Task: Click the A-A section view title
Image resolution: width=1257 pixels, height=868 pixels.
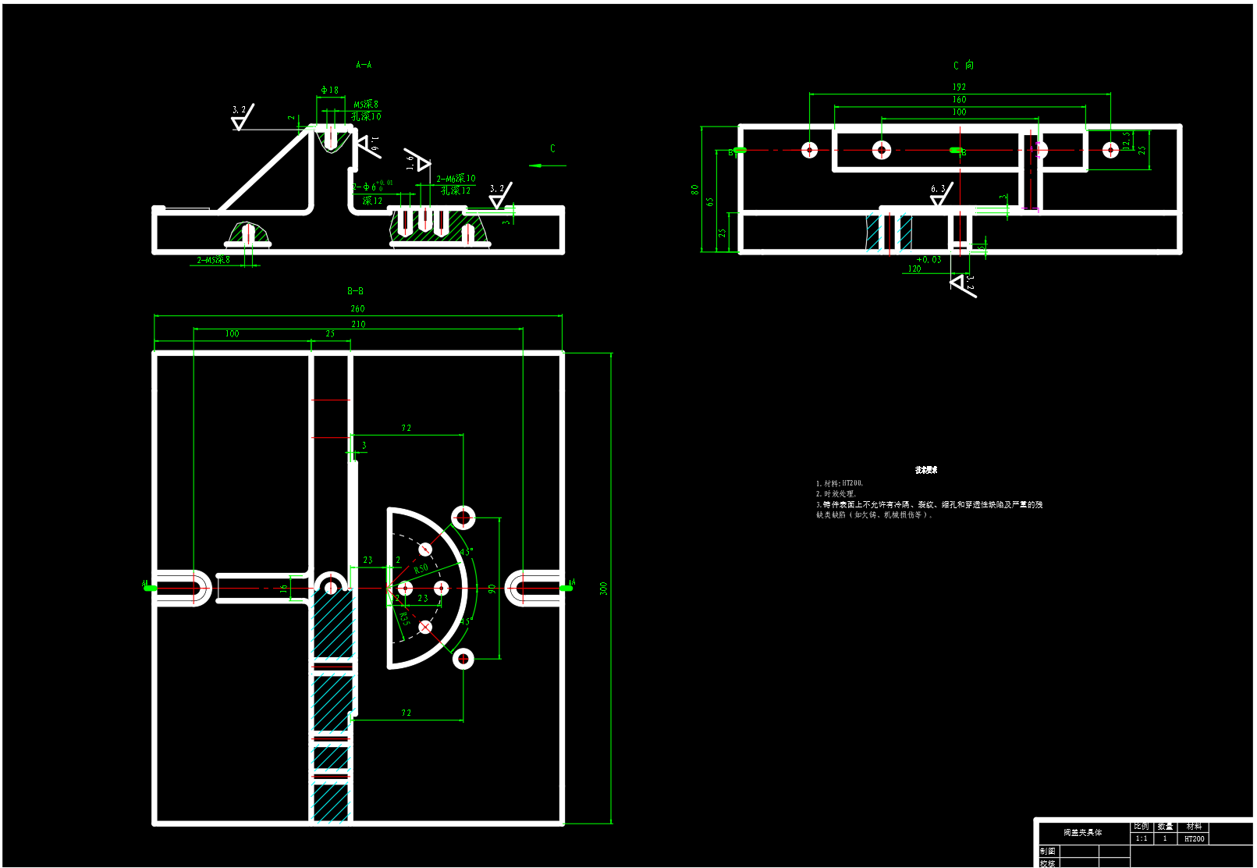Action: pyautogui.click(x=364, y=65)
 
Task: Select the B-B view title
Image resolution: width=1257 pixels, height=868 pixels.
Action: pyautogui.click(x=355, y=291)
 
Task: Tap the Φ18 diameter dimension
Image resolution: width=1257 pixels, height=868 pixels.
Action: pyautogui.click(x=330, y=91)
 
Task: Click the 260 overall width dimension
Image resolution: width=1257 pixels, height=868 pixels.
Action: pyautogui.click(x=357, y=309)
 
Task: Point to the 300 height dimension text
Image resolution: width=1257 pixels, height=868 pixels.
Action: pyautogui.click(x=603, y=589)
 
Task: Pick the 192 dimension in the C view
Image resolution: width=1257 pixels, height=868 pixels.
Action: pyautogui.click(x=959, y=87)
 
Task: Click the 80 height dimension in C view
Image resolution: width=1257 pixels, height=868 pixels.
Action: pyautogui.click(x=694, y=189)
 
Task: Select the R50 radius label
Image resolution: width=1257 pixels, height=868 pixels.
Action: pyautogui.click(x=421, y=569)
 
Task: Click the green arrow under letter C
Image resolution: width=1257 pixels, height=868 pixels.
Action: pyautogui.click(x=547, y=165)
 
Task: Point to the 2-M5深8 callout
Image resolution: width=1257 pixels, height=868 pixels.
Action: pyautogui.click(x=213, y=260)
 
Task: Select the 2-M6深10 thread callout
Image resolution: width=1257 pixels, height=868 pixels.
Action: pyautogui.click(x=456, y=179)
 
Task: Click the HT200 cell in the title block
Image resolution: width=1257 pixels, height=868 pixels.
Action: pyautogui.click(x=1194, y=839)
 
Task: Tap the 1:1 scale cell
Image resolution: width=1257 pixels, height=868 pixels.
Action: pyautogui.click(x=1141, y=839)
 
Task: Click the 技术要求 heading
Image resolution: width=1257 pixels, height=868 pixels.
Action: pyautogui.click(x=926, y=470)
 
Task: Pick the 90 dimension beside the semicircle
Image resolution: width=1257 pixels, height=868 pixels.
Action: pyautogui.click(x=492, y=589)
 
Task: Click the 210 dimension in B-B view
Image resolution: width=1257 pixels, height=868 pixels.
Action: pyautogui.click(x=358, y=324)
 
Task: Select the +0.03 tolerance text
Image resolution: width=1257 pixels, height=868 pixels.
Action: pyautogui.click(x=929, y=260)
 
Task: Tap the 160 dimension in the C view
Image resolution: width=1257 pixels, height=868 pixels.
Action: pyautogui.click(x=959, y=100)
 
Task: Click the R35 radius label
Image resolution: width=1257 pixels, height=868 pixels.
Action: pyautogui.click(x=404, y=618)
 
